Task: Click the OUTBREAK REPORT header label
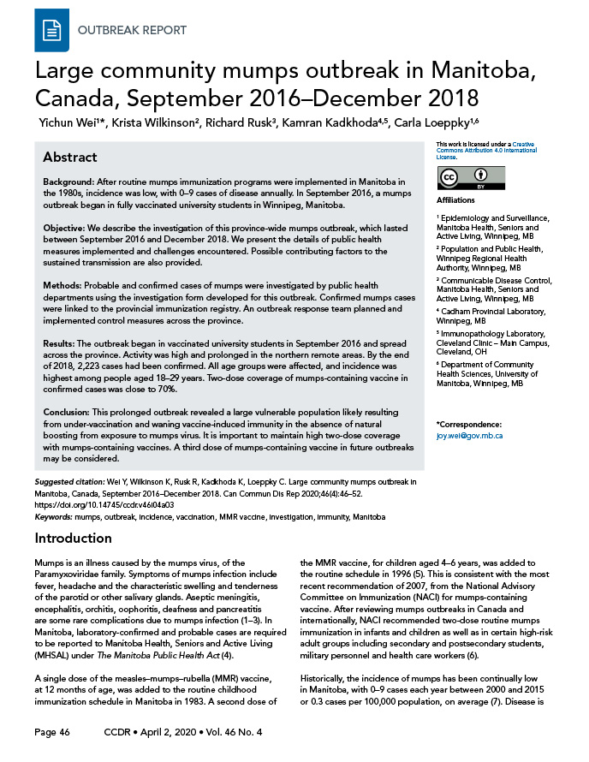[132, 30]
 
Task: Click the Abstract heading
[69, 158]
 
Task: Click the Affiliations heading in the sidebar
[455, 199]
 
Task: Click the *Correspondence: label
[468, 425]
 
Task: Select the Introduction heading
[73, 538]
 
